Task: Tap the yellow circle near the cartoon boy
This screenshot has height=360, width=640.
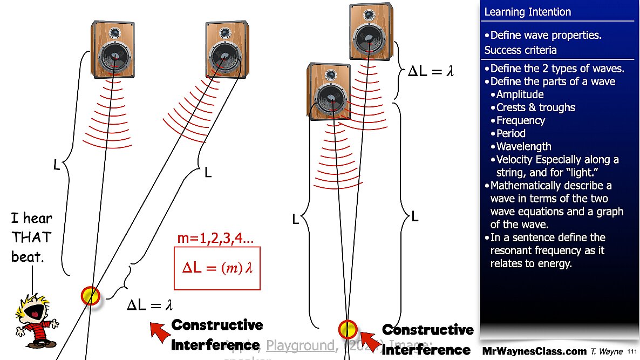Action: tap(91, 295)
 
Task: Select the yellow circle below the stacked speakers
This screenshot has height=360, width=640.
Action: tap(348, 329)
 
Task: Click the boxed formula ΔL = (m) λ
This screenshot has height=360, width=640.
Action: tap(217, 268)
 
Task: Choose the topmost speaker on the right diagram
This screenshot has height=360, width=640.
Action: tap(371, 32)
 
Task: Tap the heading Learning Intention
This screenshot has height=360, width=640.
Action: tap(527, 12)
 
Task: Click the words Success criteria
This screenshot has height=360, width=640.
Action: tap(520, 50)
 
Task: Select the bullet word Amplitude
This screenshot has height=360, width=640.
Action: tap(520, 94)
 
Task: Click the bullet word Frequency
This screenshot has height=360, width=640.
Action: tap(520, 120)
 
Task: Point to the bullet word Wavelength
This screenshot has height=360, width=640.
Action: tap(523, 146)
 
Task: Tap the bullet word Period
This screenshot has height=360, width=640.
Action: tap(510, 133)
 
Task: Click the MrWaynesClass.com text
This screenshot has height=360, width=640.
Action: tap(534, 351)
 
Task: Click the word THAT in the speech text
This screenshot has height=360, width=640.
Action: tap(31, 237)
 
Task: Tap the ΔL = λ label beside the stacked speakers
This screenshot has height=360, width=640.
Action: tap(430, 71)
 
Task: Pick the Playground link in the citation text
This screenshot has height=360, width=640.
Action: tap(301, 345)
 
